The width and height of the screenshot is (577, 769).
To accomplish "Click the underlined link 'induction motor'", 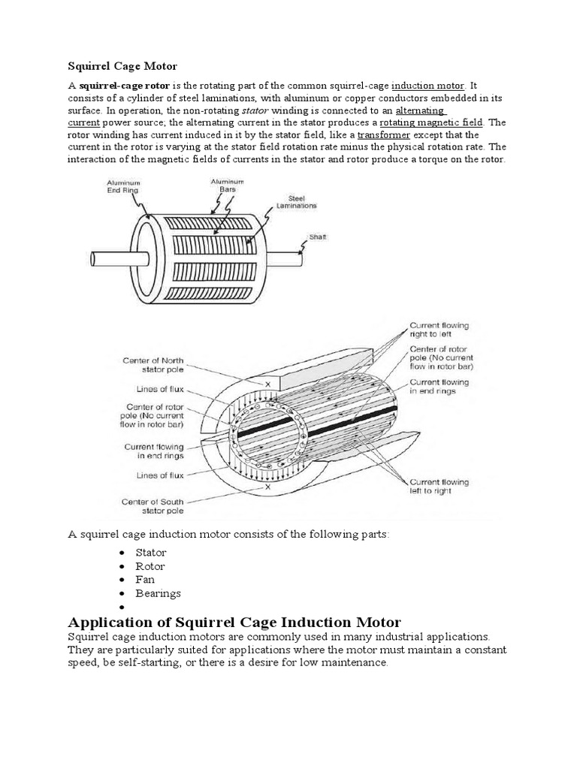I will pos(428,86).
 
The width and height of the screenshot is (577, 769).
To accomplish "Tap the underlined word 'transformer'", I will pos(383,135).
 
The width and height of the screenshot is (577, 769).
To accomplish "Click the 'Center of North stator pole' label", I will pos(153,364).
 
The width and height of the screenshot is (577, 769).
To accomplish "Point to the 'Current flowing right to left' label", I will pos(439,330).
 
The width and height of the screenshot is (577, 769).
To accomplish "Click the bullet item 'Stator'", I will pos(150,553).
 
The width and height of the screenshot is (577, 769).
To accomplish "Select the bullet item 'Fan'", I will pos(145,580).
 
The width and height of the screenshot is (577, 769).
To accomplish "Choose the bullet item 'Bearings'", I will pos(158,593).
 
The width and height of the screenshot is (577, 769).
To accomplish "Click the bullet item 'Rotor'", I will pos(150,566).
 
